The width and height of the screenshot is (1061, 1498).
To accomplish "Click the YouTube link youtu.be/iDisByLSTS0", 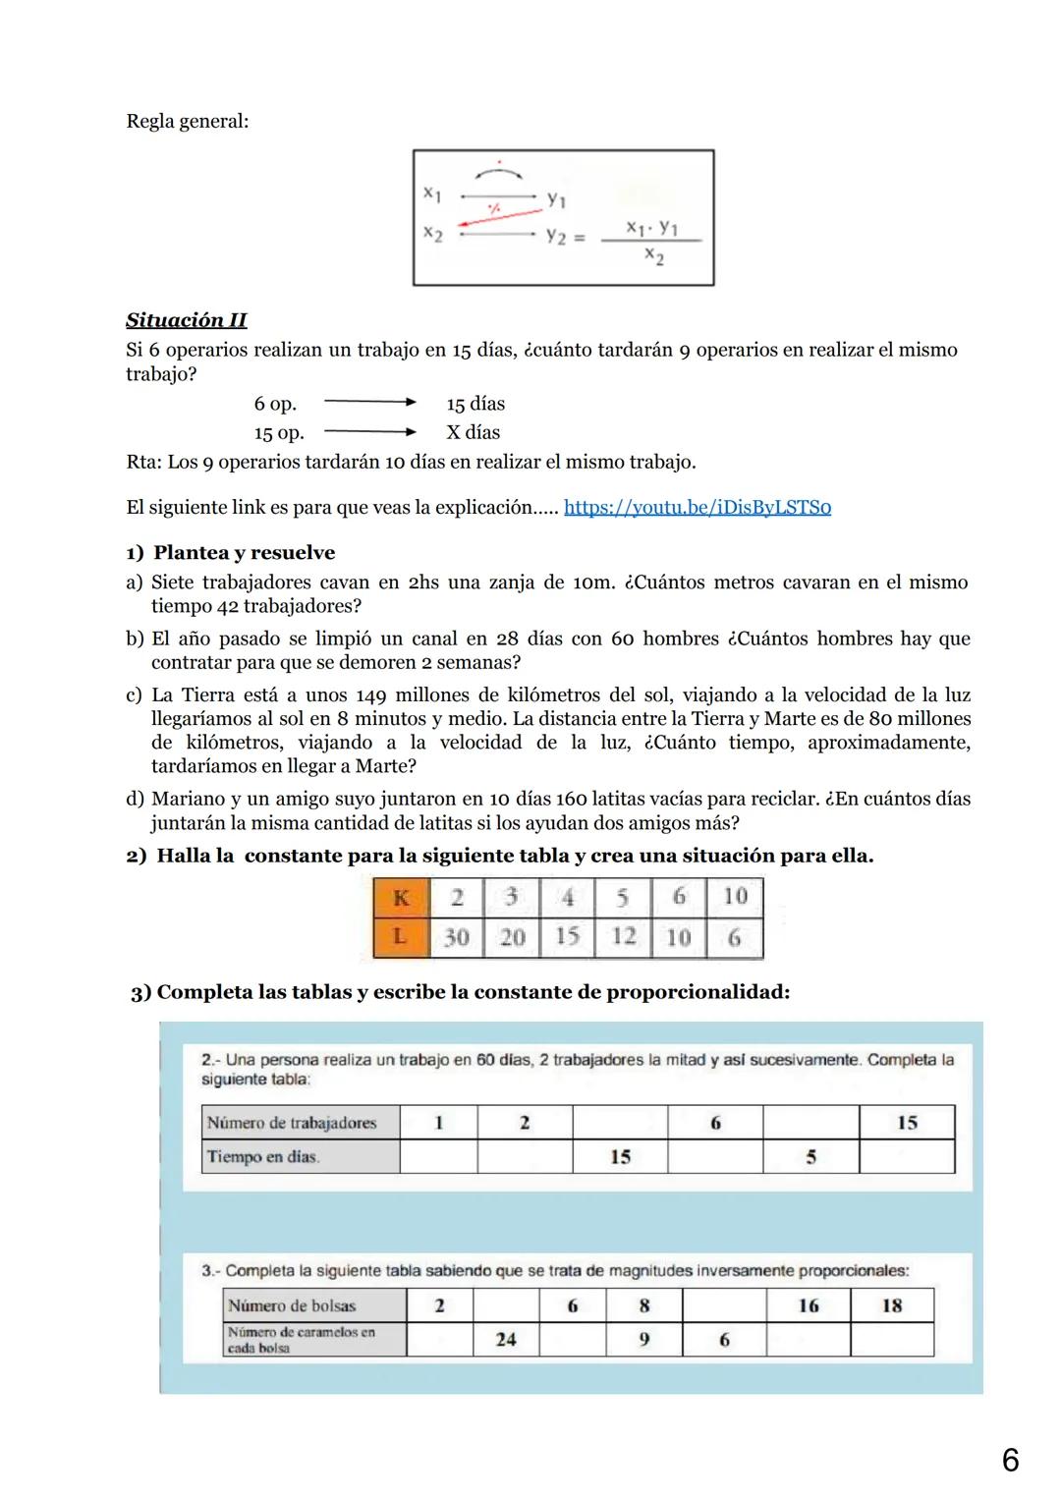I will point(697,508).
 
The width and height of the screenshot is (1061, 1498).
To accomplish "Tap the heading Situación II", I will point(186,320).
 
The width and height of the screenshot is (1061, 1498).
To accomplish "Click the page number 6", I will point(1010,1461).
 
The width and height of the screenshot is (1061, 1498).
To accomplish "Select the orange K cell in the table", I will point(401,898).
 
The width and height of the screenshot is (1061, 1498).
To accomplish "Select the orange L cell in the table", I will point(401,937).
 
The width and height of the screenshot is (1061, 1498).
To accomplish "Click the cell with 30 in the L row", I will point(456,937).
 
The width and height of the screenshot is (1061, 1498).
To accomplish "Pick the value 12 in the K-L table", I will point(624,936).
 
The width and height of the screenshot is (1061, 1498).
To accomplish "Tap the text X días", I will point(473,432).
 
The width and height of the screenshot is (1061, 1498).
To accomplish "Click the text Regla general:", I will point(187,122).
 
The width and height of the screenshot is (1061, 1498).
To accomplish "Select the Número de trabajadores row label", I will point(292,1123).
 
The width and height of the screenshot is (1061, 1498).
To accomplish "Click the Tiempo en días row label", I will point(262,1157).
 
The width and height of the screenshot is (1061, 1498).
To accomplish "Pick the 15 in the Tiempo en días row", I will point(620,1157).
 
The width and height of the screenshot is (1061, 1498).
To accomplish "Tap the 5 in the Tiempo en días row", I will point(810,1157).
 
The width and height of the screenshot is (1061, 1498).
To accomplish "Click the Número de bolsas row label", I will point(292,1305).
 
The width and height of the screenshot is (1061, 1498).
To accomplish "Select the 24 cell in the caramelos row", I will point(506,1340).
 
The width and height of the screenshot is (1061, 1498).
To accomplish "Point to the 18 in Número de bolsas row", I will point(891,1305).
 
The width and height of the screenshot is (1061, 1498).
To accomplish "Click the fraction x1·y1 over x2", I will point(653,242).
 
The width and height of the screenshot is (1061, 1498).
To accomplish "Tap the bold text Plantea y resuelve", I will point(244,553).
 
